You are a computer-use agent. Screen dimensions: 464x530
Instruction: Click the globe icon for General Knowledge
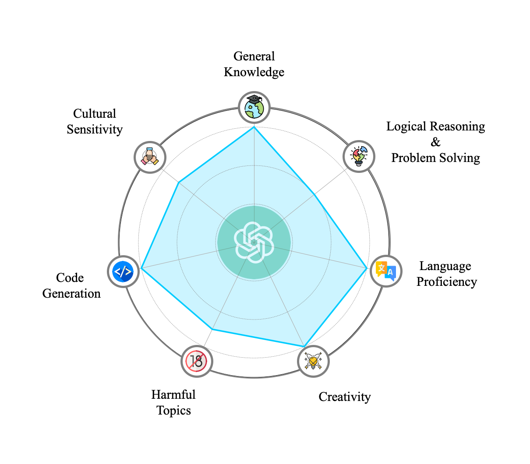coord(254,107)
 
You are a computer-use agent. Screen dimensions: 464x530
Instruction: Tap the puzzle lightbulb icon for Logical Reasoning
coord(359,156)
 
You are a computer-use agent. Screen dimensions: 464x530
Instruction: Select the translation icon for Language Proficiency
coord(386,271)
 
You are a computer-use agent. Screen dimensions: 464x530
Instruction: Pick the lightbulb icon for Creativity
coord(313,361)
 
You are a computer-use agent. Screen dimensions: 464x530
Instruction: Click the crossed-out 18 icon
coord(197,361)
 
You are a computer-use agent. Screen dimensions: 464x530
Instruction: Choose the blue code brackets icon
coord(123,272)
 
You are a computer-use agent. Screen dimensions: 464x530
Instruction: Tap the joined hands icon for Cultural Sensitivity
coord(150,157)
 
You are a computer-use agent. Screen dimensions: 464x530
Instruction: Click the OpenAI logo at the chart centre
coord(254,242)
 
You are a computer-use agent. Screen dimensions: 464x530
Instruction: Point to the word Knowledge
coord(254,72)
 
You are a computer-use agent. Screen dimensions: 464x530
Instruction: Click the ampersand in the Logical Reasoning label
coord(435,142)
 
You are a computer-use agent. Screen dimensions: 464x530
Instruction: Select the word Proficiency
coord(446,282)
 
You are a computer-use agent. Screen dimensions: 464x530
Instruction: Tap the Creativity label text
coord(344,397)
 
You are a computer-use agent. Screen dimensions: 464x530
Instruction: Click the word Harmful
coord(173,395)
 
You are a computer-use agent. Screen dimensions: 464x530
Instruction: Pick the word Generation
coord(71,294)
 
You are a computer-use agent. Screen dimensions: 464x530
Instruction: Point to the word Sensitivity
coord(95,130)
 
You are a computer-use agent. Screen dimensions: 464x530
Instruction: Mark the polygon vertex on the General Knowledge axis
coord(254,127)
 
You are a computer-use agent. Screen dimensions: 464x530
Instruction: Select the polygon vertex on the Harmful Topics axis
coord(212,329)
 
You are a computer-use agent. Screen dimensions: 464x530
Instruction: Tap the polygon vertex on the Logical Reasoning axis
coord(314,194)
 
